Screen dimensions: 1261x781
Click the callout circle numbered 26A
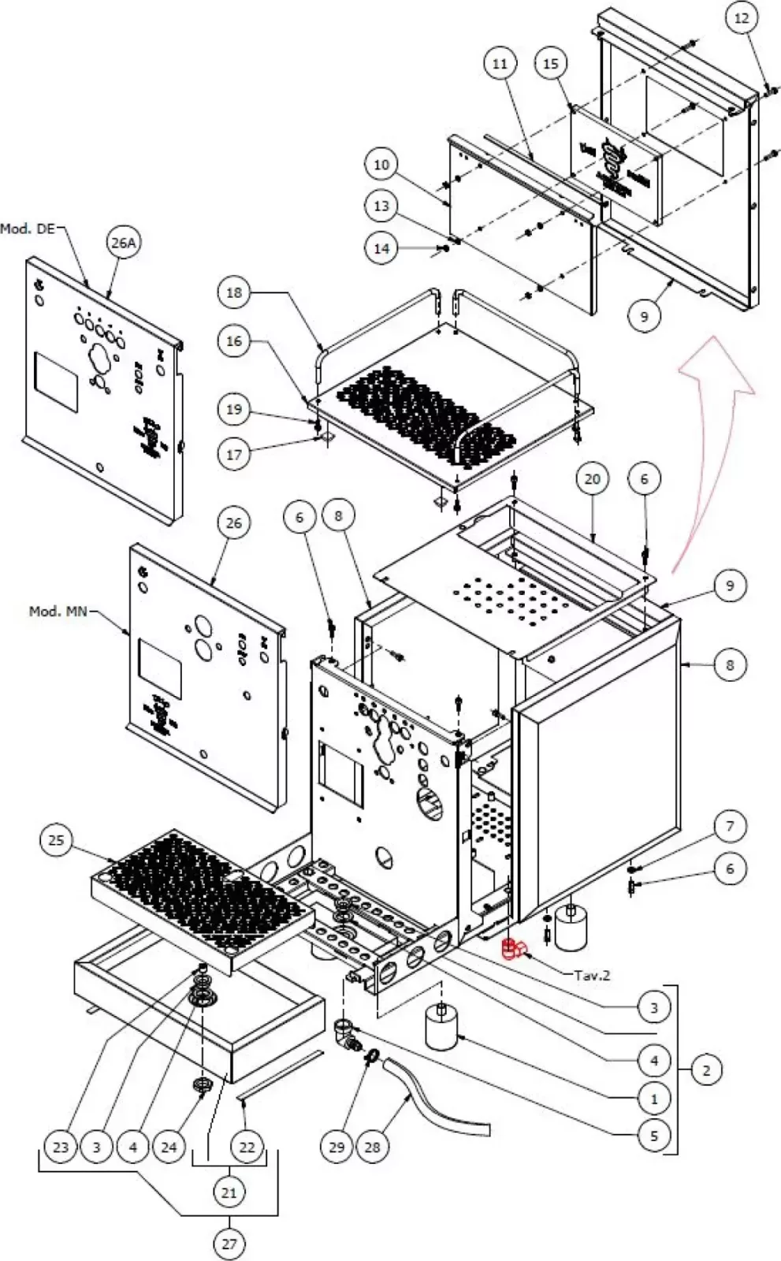pos(124,243)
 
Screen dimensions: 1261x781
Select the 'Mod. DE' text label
pos(28,229)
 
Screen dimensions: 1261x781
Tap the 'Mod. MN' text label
pos(58,611)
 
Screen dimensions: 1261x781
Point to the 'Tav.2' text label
pos(592,975)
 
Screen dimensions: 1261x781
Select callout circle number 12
pos(742,18)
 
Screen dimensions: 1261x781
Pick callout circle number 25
pos(56,840)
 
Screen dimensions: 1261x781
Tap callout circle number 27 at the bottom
pos(229,1244)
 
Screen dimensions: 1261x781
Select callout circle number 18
pos(234,292)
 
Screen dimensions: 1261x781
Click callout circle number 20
pos(593,478)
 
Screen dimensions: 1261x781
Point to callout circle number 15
pos(550,63)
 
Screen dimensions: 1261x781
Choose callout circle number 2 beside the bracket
pos(706,1070)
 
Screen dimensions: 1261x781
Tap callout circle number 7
pos(730,826)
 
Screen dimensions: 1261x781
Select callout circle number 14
pos(381,248)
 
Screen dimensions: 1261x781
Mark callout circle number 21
pos(229,1192)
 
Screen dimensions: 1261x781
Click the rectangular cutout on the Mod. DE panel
pos(56,381)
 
